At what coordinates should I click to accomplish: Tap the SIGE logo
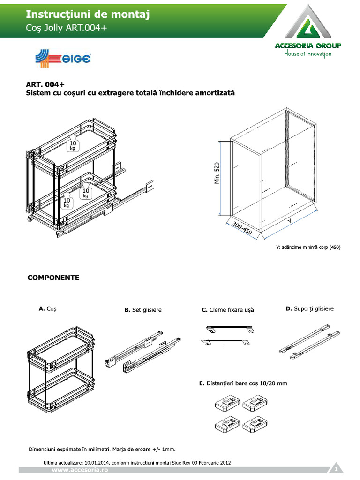63,59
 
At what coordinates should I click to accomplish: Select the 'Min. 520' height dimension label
217,173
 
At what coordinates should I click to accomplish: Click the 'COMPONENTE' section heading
53,277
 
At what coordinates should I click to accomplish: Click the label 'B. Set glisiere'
143,310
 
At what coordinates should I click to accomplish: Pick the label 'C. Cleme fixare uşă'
227,310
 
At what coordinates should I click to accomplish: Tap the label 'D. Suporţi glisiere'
309,308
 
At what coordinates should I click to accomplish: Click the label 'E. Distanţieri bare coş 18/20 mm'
243,383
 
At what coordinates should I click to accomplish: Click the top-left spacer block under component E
228,402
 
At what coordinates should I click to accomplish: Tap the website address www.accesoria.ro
80,469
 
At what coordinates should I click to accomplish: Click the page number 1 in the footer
336,469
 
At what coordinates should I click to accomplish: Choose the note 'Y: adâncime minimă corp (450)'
308,247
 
